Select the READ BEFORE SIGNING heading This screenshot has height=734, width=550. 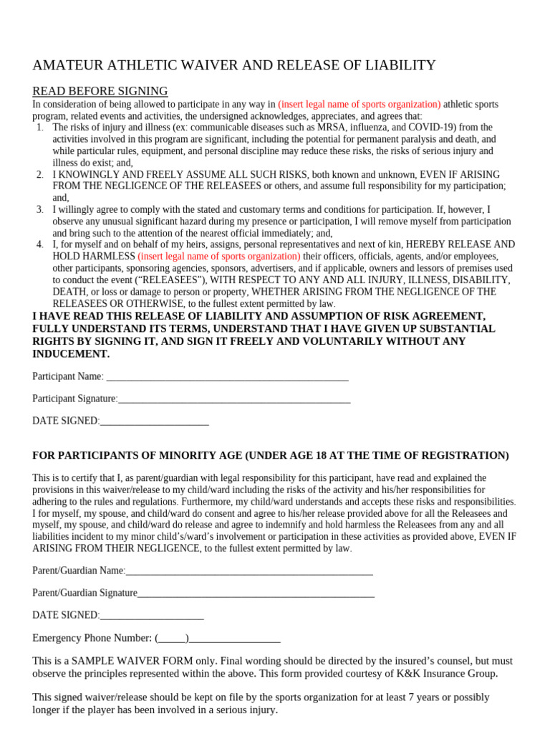[100, 91]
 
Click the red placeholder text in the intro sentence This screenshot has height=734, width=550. [360, 105]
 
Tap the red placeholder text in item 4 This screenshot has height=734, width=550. [219, 257]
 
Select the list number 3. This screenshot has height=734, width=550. [39, 209]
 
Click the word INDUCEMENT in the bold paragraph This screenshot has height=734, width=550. [71, 354]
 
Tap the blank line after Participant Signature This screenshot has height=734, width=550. [234, 399]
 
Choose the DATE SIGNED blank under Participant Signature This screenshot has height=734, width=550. [154, 421]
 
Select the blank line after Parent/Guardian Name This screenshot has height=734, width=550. [249, 571]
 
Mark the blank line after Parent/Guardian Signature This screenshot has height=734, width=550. [256, 594]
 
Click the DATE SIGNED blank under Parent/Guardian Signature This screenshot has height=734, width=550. [152, 616]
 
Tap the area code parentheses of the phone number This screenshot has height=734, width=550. [171, 638]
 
